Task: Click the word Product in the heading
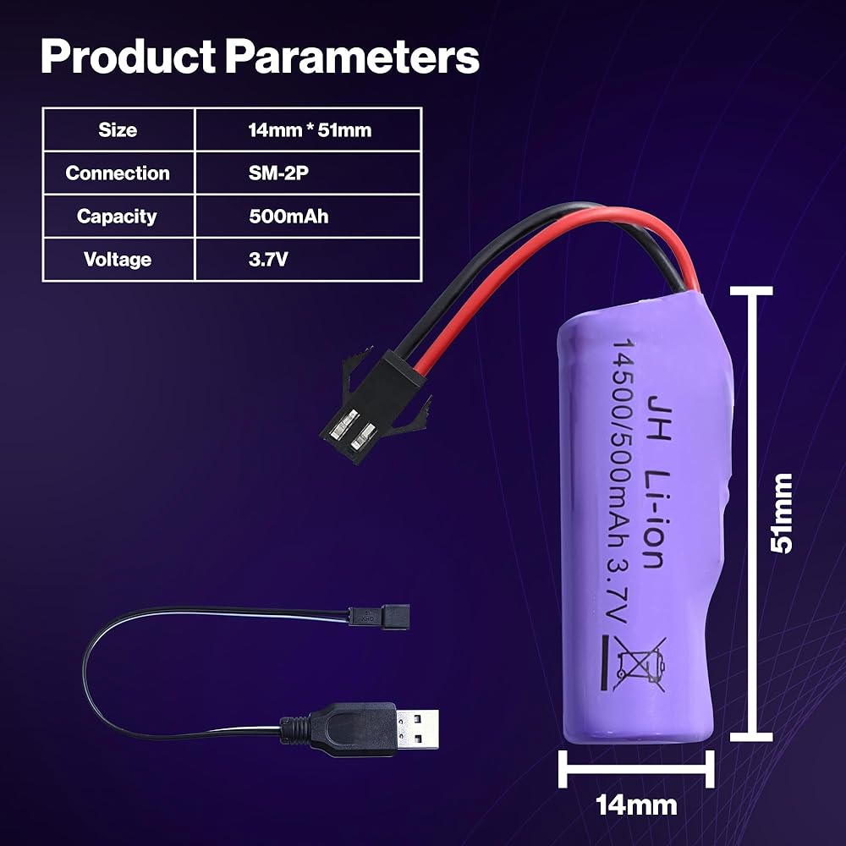click(127, 58)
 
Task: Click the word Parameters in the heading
click(351, 58)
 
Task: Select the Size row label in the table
click(118, 130)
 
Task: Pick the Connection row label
click(118, 173)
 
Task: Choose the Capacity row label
click(118, 217)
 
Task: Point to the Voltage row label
click(118, 260)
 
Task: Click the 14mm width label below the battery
click(636, 805)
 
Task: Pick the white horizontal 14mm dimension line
click(636, 771)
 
